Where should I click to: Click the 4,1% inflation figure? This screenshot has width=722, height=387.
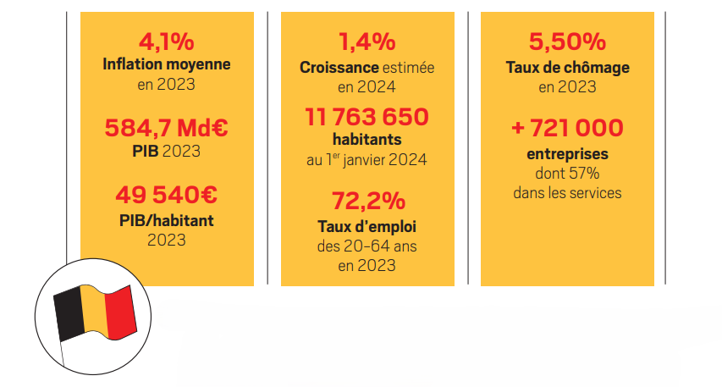[166, 41]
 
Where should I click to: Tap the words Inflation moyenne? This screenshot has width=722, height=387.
[166, 64]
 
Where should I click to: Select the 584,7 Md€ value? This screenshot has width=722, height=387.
[166, 129]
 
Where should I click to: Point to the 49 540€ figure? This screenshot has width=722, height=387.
[166, 195]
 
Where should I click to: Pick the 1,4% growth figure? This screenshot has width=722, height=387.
[367, 41]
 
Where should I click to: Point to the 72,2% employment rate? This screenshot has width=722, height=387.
[367, 202]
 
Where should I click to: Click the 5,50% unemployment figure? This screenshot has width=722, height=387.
[567, 41]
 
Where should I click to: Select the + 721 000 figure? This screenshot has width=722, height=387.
[567, 129]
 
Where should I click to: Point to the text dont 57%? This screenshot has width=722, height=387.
[567, 173]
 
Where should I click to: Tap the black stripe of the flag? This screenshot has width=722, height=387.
[69, 316]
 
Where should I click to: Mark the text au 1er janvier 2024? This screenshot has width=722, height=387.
[367, 159]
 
